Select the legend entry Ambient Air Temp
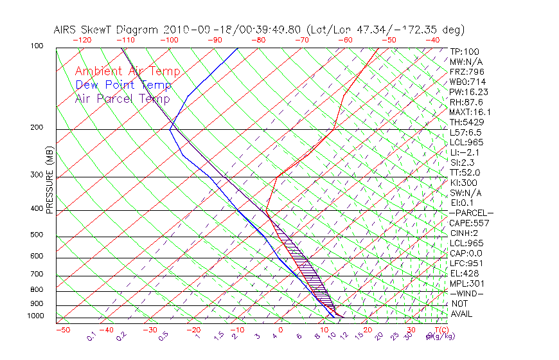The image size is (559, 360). [x=127, y=71]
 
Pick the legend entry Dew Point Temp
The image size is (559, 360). [x=123, y=85]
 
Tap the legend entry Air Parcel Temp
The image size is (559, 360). [x=122, y=98]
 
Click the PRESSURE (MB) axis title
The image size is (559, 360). [x=50, y=181]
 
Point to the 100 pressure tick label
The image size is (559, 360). [x=37, y=46]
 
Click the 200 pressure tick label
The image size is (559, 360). [x=37, y=128]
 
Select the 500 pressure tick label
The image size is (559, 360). [x=37, y=235]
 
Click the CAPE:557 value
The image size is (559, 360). [x=469, y=223]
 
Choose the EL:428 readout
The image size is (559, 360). [x=465, y=274]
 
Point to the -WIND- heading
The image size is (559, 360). [x=466, y=294]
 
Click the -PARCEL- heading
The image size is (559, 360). [x=471, y=213]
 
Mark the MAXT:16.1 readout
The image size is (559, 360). [x=469, y=112]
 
